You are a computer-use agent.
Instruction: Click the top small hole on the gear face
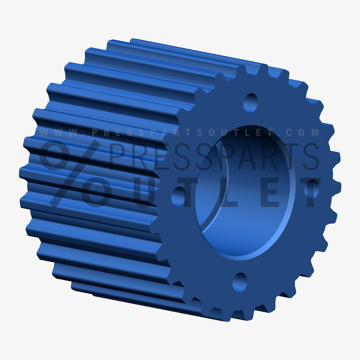[x=251, y=102]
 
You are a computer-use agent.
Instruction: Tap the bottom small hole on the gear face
[x=240, y=282]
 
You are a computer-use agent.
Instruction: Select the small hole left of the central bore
[x=178, y=196]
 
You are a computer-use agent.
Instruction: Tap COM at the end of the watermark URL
[x=306, y=132]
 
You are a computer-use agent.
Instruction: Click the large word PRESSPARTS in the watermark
[x=212, y=156]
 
